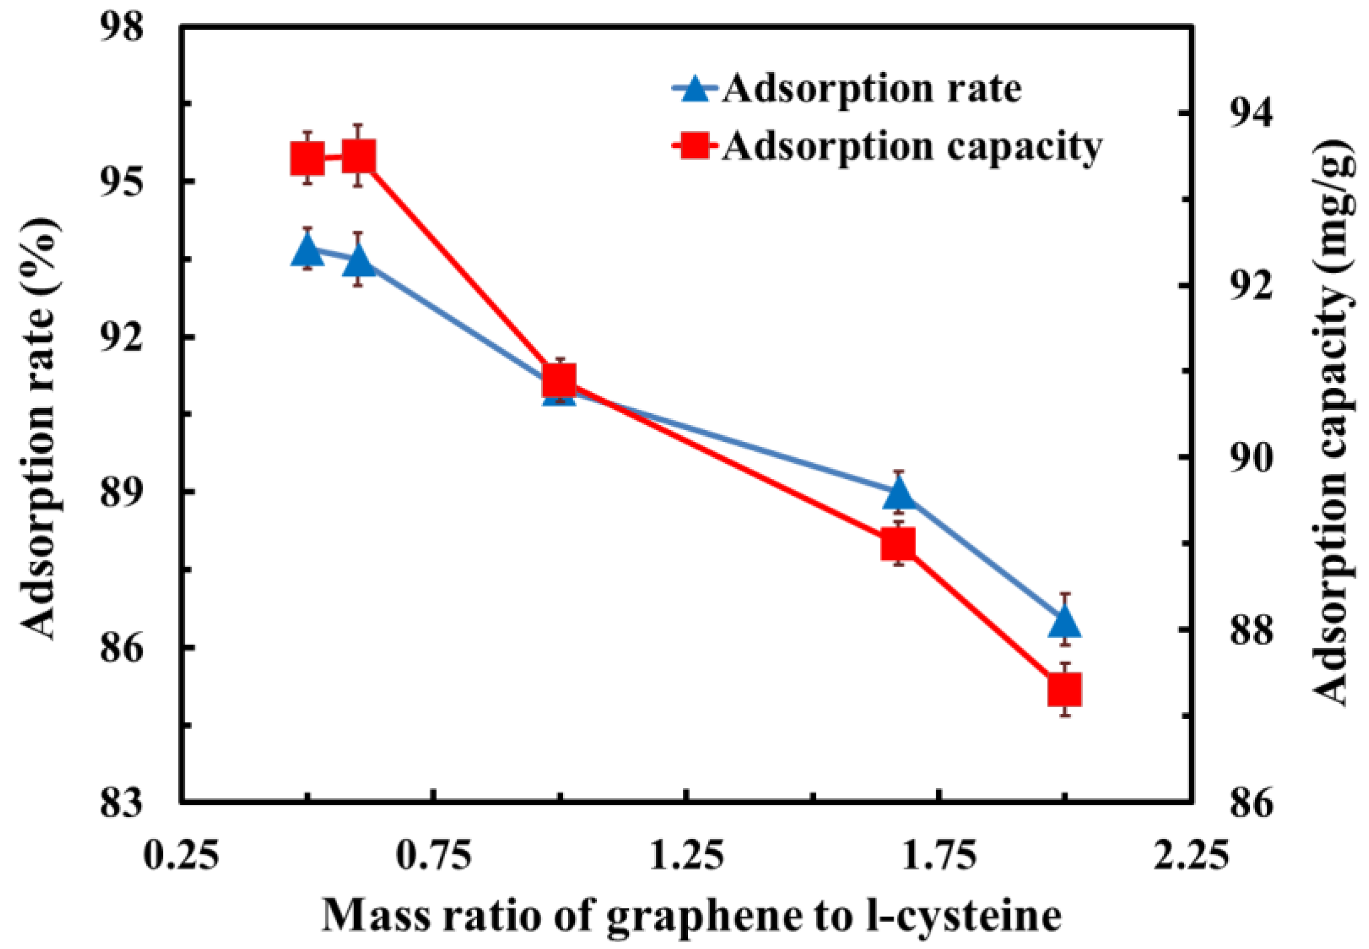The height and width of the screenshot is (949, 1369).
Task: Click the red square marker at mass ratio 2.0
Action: (x=1064, y=690)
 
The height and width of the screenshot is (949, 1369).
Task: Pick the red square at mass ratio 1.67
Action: (x=898, y=544)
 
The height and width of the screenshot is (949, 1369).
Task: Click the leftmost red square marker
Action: (x=307, y=158)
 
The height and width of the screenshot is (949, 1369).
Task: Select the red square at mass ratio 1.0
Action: (x=559, y=381)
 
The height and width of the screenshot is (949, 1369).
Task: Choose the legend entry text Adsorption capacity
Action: (x=913, y=145)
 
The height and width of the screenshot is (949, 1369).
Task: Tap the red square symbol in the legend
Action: (x=693, y=145)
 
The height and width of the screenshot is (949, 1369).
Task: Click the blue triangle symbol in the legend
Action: (x=693, y=91)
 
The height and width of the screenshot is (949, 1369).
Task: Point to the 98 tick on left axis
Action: (x=121, y=28)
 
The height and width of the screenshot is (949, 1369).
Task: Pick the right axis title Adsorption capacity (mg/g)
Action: (x=1335, y=424)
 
